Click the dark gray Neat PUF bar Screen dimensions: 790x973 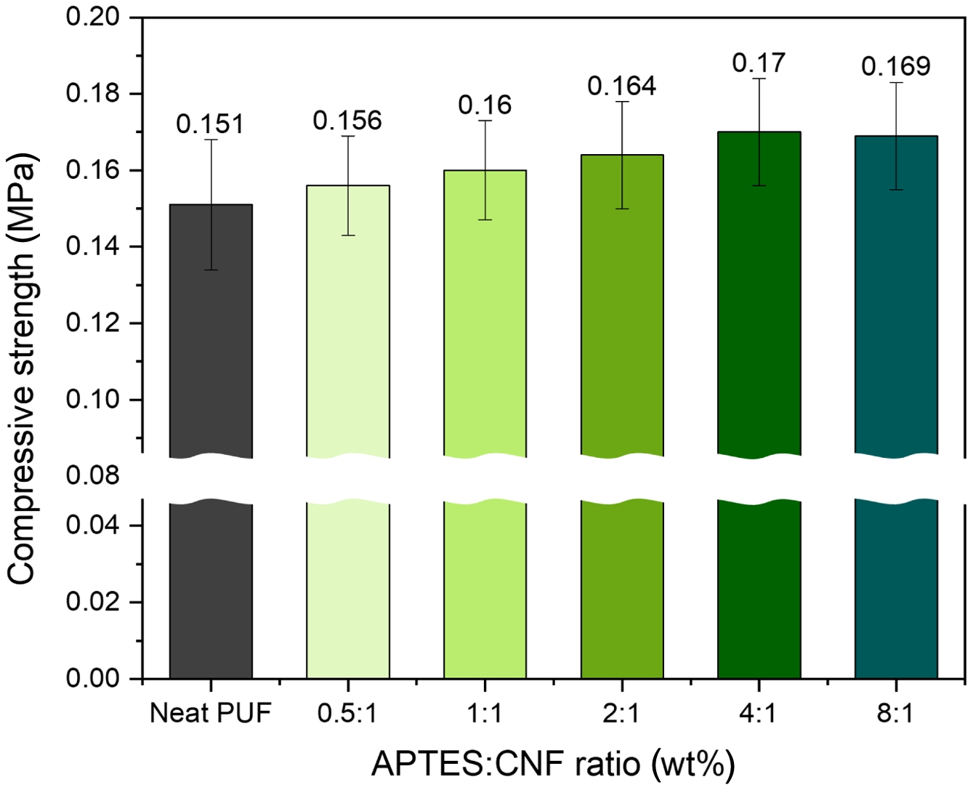(x=211, y=363)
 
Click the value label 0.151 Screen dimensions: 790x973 (x=210, y=124)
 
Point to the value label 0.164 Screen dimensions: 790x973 (x=622, y=86)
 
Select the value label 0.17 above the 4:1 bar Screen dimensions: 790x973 (x=759, y=63)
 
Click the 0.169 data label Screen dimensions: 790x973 (x=896, y=66)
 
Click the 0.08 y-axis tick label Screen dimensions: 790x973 (x=93, y=476)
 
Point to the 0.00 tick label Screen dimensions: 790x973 (x=93, y=678)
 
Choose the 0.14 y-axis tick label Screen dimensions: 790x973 (x=93, y=246)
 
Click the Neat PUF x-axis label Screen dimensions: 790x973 (x=210, y=713)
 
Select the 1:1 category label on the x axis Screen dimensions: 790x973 (x=484, y=713)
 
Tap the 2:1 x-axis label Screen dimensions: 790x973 (x=621, y=713)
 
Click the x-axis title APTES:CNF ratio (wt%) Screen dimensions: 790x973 (x=553, y=763)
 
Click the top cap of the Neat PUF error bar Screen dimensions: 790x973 (x=211, y=140)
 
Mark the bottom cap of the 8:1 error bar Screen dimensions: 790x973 (x=896, y=190)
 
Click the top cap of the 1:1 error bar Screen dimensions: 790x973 (x=485, y=121)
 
